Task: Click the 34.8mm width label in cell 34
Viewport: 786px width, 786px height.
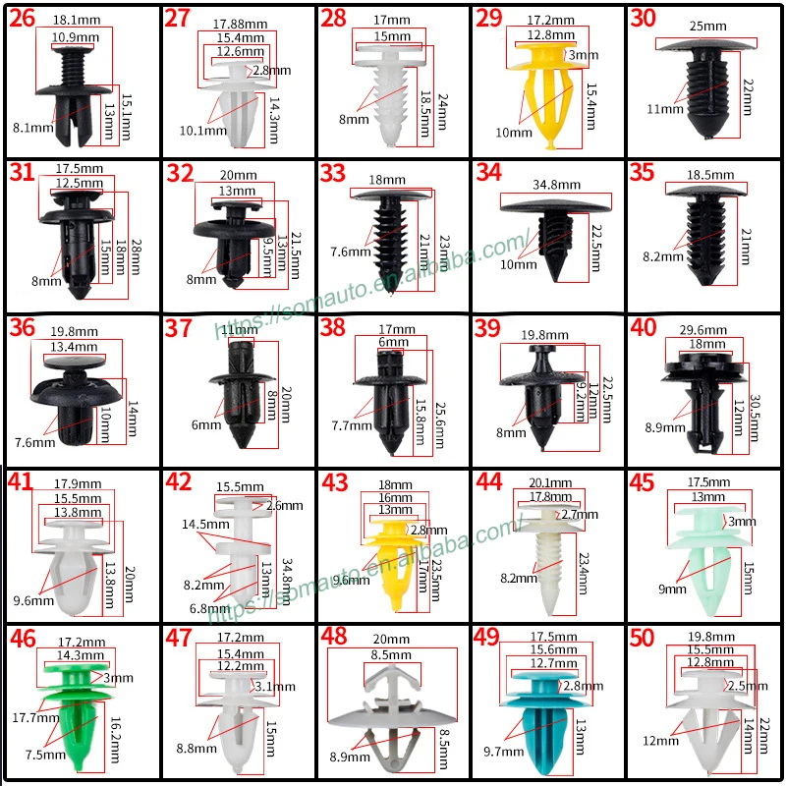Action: [x=555, y=185]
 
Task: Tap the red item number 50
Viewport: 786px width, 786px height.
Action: [x=643, y=638]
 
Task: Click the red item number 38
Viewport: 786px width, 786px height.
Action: [x=334, y=328]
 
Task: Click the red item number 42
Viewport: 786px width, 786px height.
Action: [x=179, y=482]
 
